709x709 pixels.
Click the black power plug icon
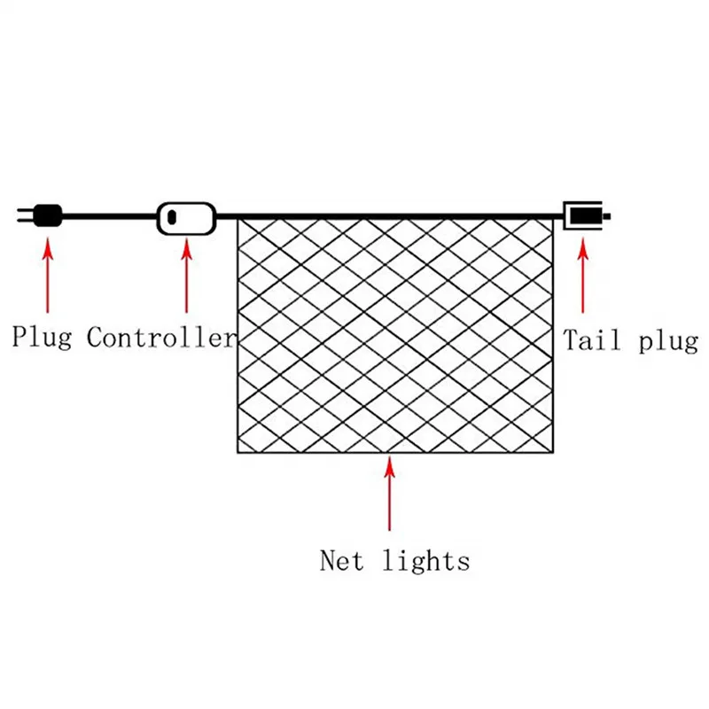tap(47, 215)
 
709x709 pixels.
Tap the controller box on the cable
tap(186, 217)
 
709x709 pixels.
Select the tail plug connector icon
tap(585, 216)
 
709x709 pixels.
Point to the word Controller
tap(162, 338)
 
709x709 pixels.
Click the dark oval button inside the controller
tap(174, 217)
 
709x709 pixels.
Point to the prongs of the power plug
tap(23, 215)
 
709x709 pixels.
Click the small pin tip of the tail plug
tap(608, 216)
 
